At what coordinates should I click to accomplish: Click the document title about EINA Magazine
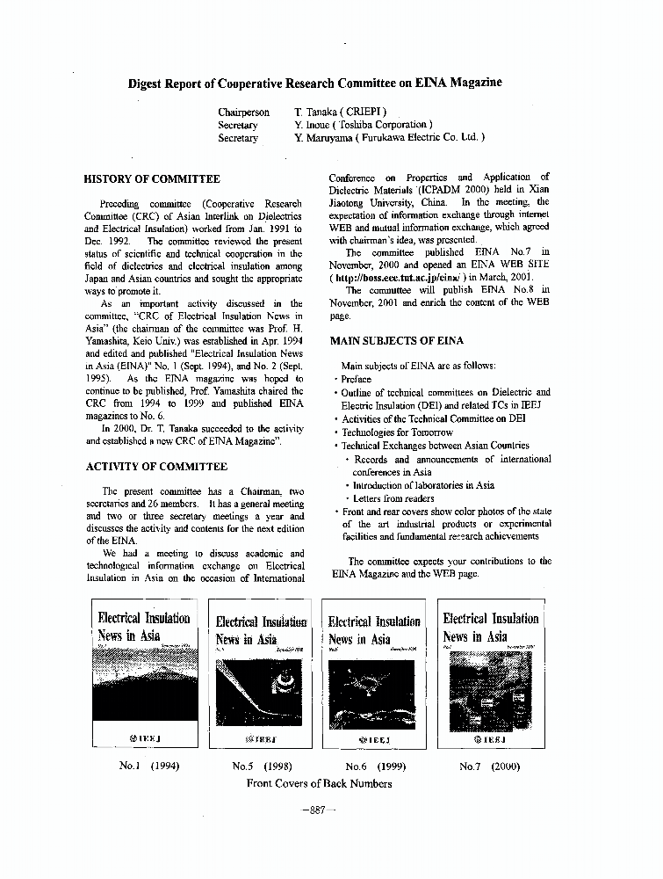point(315,83)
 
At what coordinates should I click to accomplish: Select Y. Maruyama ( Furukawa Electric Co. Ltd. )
point(390,137)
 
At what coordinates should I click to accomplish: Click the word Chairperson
point(244,113)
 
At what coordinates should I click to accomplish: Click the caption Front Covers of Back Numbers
point(319,783)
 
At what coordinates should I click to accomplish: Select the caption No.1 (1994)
point(148,766)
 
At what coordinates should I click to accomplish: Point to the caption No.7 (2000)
point(489,766)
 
